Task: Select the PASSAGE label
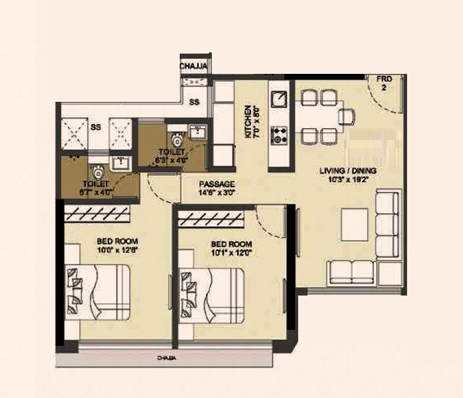(x=217, y=184)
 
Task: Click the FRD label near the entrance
(x=384, y=79)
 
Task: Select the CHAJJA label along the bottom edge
(x=165, y=359)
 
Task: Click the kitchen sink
(x=279, y=99)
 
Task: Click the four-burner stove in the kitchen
(x=279, y=135)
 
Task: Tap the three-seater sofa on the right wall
(x=388, y=225)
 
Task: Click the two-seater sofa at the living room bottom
(x=352, y=272)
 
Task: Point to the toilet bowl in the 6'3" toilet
(x=176, y=139)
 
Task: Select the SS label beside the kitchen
(x=194, y=102)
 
